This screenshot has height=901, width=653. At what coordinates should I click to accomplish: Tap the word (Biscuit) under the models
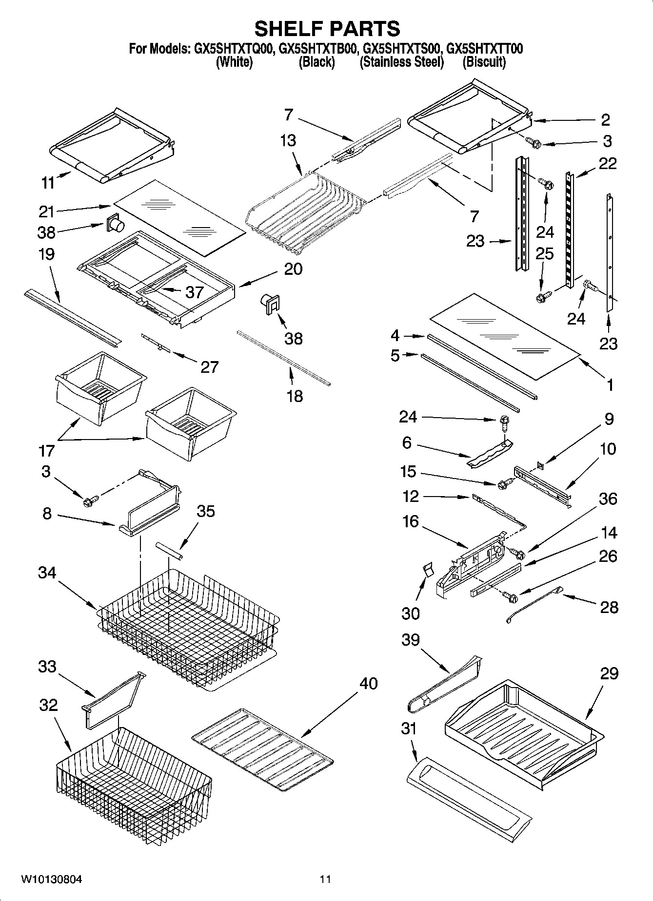[x=484, y=62]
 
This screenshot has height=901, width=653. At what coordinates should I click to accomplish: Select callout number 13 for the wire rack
[x=288, y=140]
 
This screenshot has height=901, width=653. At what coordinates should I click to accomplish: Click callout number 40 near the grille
[x=368, y=683]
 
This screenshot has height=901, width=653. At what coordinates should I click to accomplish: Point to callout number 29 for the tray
[x=609, y=673]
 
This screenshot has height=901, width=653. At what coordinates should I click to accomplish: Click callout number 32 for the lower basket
[x=48, y=705]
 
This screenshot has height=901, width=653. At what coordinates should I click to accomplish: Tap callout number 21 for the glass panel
[x=47, y=211]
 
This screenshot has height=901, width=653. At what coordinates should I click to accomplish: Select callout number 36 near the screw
[x=608, y=498]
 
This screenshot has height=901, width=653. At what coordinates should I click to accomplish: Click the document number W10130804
[x=51, y=880]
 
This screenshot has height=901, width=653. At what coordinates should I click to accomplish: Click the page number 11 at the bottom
[x=325, y=880]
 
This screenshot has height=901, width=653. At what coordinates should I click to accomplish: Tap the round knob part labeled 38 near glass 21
[x=116, y=224]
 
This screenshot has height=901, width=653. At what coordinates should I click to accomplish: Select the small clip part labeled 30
[x=428, y=570]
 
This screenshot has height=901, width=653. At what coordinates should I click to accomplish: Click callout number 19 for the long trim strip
[x=46, y=254]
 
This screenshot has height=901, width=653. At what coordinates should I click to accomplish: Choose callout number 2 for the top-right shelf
[x=605, y=119]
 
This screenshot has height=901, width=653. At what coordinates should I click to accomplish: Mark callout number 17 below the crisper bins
[x=46, y=451]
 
